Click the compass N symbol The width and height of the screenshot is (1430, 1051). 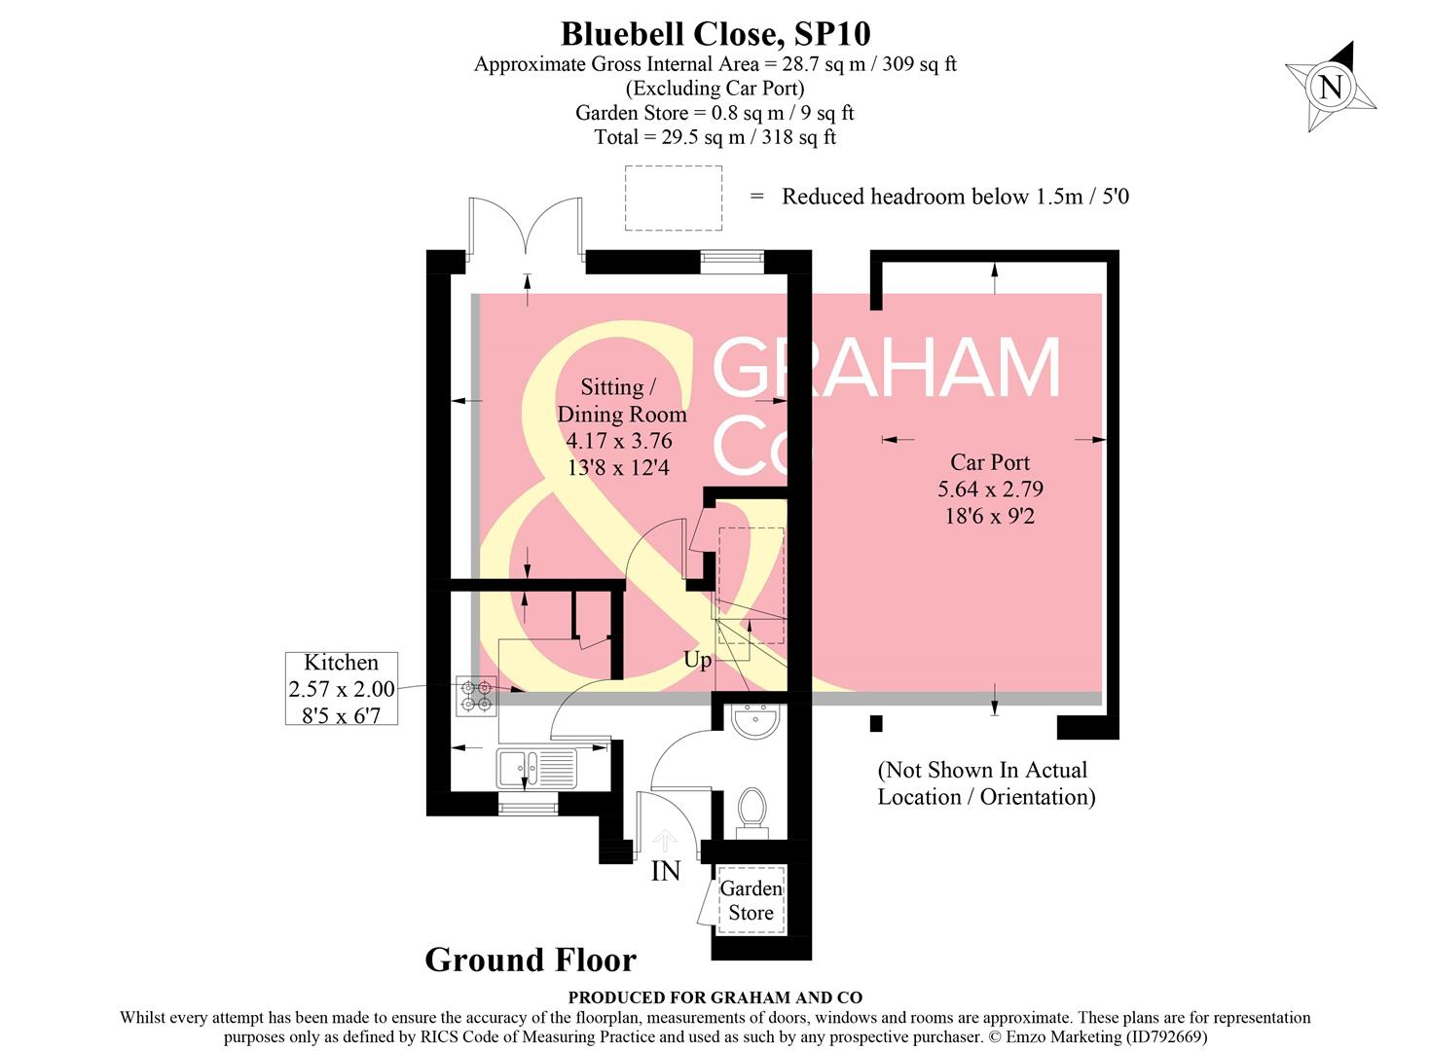pyautogui.click(x=1330, y=87)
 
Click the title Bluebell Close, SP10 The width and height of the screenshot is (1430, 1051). pyautogui.click(x=715, y=33)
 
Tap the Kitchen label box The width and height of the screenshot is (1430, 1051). pyautogui.click(x=341, y=688)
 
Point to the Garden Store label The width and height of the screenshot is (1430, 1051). pyautogui.click(x=751, y=900)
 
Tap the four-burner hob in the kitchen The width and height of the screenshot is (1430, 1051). pyautogui.click(x=477, y=696)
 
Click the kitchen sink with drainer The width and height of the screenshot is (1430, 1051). pyautogui.click(x=536, y=768)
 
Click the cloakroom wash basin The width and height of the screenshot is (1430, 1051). pyautogui.click(x=753, y=722)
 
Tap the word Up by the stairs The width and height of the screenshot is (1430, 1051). pyautogui.click(x=697, y=660)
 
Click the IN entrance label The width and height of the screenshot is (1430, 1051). pyautogui.click(x=665, y=871)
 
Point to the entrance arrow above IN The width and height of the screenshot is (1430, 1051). pyautogui.click(x=665, y=839)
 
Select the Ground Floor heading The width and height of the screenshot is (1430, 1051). pyautogui.click(x=531, y=960)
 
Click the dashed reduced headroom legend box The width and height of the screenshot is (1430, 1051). pyautogui.click(x=673, y=198)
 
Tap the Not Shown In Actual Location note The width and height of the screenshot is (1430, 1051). pyautogui.click(x=985, y=783)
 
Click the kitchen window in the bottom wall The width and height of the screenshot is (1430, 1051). pyautogui.click(x=529, y=804)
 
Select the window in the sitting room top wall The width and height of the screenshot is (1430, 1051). pyautogui.click(x=732, y=261)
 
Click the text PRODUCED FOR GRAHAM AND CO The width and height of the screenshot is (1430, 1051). pyautogui.click(x=715, y=997)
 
